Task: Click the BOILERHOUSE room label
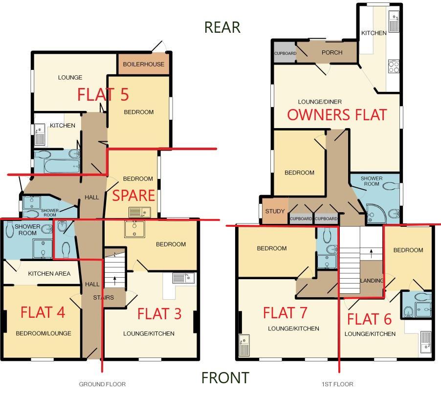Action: (143, 65)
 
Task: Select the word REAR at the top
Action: (222, 27)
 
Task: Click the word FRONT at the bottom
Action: (225, 377)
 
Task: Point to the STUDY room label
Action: (275, 212)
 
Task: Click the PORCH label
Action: (332, 52)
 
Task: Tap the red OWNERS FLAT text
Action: (337, 115)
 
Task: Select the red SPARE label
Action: (133, 196)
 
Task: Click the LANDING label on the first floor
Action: (371, 281)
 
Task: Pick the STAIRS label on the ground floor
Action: (103, 297)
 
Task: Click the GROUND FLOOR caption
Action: (102, 384)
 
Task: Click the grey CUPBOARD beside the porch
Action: (285, 53)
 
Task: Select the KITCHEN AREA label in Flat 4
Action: (49, 274)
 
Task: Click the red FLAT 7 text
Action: (285, 312)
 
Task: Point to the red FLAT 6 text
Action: (369, 319)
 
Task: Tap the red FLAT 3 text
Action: (159, 314)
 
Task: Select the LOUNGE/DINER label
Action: (320, 102)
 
